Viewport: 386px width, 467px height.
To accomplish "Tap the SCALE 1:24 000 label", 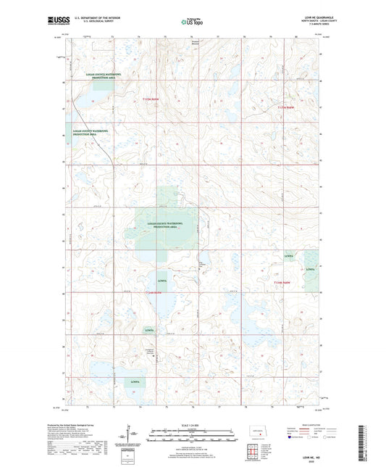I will (x=192, y=425).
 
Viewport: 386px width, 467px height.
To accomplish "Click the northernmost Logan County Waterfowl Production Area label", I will (x=90, y=75).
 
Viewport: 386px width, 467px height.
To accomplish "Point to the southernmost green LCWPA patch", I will (x=135, y=381).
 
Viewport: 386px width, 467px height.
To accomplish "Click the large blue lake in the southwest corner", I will (x=101, y=372).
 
